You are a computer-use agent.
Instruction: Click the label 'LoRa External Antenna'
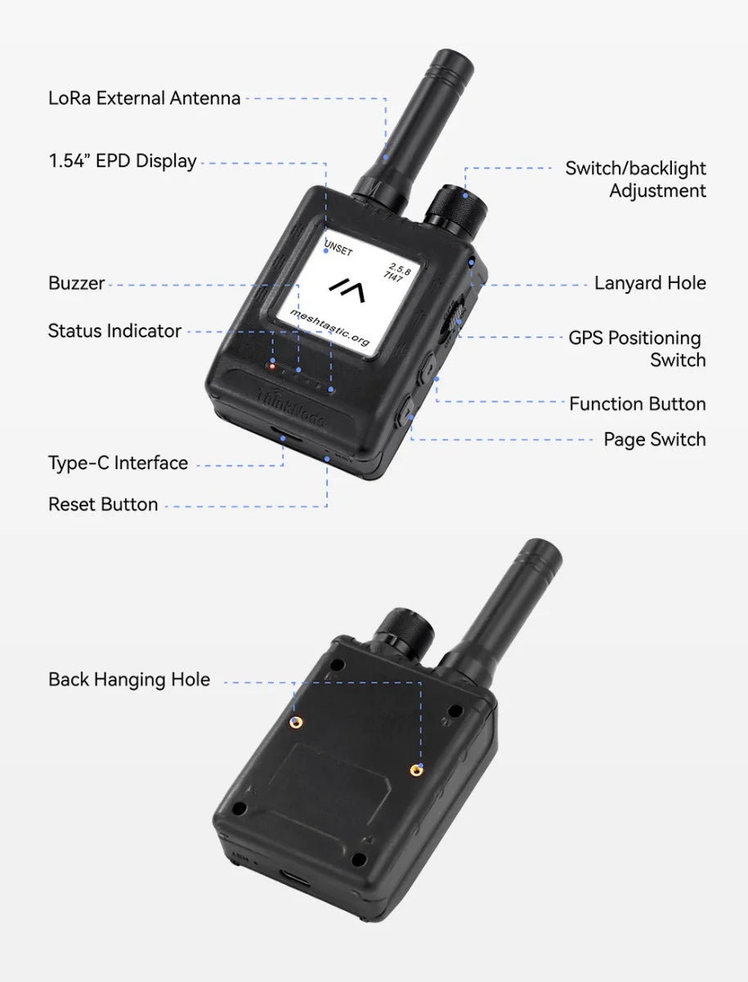(x=144, y=98)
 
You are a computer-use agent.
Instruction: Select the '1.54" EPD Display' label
(x=123, y=161)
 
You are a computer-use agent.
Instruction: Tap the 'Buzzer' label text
(x=76, y=283)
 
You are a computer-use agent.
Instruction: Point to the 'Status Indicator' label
(x=114, y=331)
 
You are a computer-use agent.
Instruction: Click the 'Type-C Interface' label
(x=118, y=463)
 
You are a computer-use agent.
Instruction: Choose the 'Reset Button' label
(x=103, y=504)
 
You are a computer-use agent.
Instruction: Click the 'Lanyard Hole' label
(x=650, y=283)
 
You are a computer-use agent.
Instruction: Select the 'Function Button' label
(x=637, y=403)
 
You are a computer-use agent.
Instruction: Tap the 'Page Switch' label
(x=654, y=439)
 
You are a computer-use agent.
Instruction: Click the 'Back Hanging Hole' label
(x=129, y=679)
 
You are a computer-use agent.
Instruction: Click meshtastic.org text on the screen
(x=330, y=327)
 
